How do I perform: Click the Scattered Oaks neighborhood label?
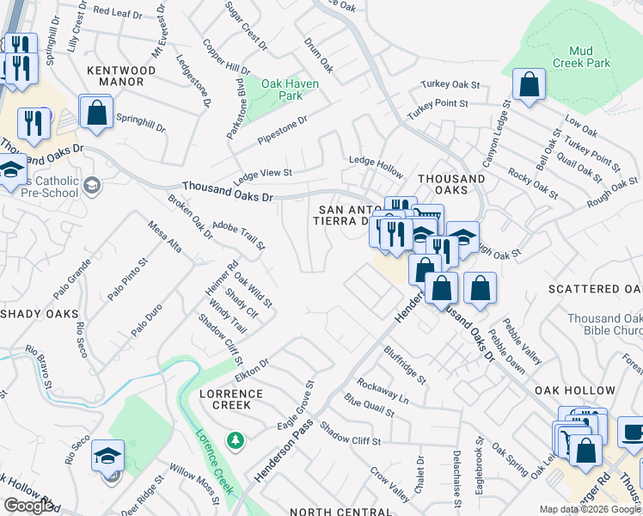coord(594,289)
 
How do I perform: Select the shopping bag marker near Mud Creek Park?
coord(529,84)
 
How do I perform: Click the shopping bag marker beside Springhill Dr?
coord(96,111)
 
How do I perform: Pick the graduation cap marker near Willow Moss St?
coord(108,456)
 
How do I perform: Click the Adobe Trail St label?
coord(239,233)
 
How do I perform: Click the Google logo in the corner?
coord(29,506)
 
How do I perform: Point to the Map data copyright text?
coord(590,509)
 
